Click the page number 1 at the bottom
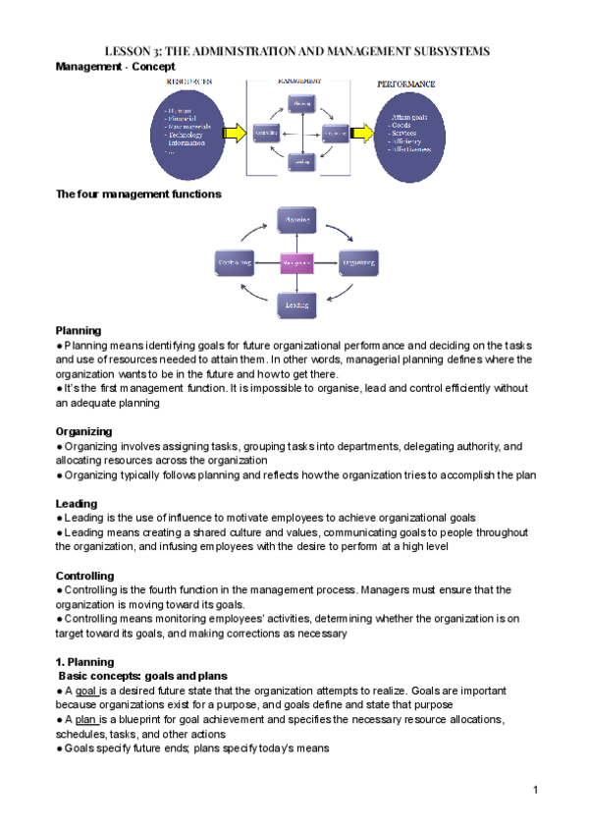(537, 790)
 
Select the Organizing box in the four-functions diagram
(357, 263)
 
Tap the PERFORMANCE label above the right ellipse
(405, 84)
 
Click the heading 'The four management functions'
(138, 194)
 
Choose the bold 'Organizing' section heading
(83, 431)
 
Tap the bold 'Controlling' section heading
(85, 576)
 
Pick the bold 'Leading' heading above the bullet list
(77, 503)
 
